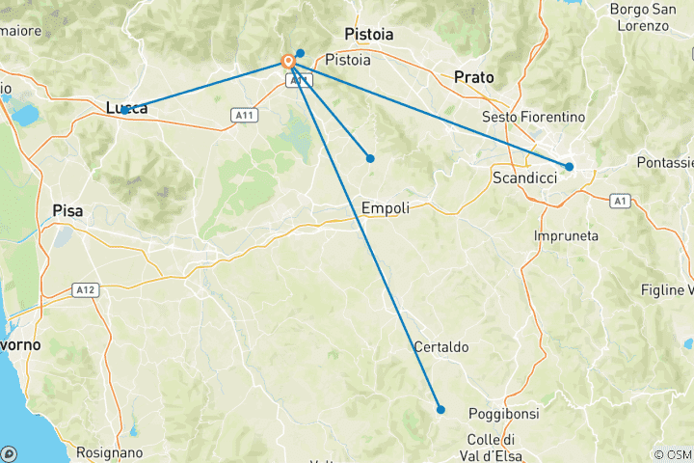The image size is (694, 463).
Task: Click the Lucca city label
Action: (x=127, y=108)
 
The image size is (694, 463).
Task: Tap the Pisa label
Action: (x=67, y=210)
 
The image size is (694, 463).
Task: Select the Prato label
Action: (x=473, y=76)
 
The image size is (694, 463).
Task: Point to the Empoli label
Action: (x=386, y=207)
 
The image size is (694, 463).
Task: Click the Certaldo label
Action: (x=440, y=346)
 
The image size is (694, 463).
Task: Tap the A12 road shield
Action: (x=85, y=289)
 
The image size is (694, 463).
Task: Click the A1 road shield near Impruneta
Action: (x=621, y=200)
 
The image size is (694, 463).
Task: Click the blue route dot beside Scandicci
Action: (x=570, y=167)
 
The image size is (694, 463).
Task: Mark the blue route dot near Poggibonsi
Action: (x=440, y=410)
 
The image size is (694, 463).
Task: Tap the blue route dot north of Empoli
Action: (x=370, y=158)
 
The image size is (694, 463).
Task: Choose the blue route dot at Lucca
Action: (x=125, y=111)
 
